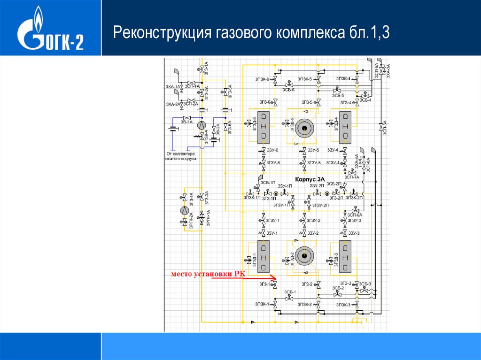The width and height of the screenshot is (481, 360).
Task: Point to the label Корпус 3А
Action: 310,179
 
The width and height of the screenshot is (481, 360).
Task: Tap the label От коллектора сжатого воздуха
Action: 182,156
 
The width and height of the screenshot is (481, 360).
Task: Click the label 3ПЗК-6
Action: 262,79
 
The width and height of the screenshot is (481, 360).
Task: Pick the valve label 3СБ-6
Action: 288,89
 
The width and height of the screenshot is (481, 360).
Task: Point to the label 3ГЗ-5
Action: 307,102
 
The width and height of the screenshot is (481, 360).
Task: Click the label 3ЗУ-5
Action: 313,150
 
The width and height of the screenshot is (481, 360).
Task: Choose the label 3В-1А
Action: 186,122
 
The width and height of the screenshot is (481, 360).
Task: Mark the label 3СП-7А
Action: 352,177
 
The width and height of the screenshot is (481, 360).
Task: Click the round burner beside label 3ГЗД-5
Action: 304,128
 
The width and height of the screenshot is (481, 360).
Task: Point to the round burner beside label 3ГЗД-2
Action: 304,256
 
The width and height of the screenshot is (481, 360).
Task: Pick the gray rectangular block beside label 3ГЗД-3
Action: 345,256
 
